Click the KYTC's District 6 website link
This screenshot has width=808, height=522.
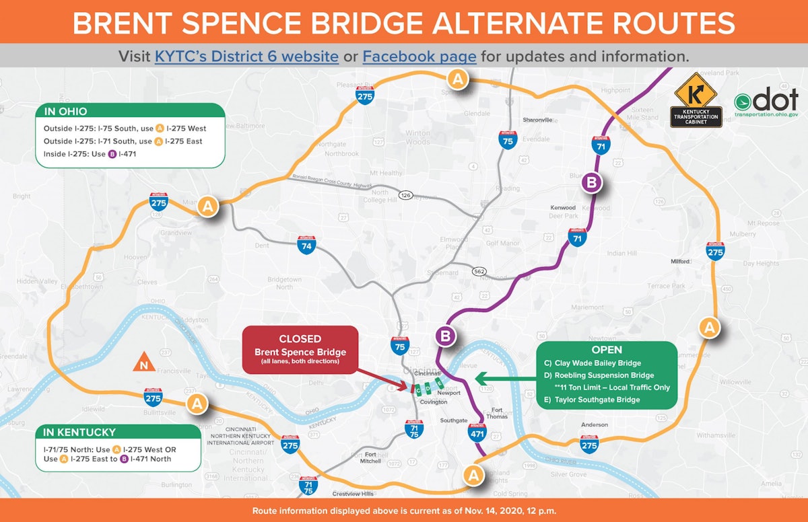point(247,56)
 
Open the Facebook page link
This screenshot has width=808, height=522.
point(419,56)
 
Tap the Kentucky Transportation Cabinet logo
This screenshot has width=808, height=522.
point(697,100)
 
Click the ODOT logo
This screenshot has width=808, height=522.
point(766,104)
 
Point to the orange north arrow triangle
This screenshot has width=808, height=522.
point(143,363)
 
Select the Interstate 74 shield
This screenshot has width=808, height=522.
point(307,245)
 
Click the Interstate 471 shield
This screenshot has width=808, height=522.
point(477,432)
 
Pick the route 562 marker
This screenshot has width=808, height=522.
point(479,271)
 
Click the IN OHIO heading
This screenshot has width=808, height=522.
point(65,111)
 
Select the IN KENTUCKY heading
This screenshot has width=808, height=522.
point(79,433)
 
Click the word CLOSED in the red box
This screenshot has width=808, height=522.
point(300,339)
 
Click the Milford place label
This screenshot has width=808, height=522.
point(681,261)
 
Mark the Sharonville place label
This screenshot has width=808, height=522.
point(537,120)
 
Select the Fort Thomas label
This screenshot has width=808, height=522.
point(497,413)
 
